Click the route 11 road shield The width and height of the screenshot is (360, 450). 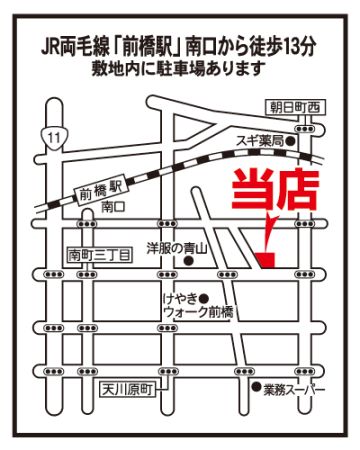(53, 137)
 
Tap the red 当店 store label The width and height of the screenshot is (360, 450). (275, 190)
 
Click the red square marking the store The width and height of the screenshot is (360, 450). (266, 260)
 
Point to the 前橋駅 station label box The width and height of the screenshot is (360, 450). (100, 192)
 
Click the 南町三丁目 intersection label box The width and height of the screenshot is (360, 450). (99, 256)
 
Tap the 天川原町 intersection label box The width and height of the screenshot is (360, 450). (128, 389)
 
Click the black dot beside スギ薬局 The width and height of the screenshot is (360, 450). (291, 142)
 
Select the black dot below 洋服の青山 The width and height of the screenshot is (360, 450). (189, 261)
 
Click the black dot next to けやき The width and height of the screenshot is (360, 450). (205, 296)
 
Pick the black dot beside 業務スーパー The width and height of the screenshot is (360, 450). (256, 387)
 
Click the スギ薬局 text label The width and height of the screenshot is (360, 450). (261, 142)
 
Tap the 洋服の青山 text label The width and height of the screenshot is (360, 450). (177, 248)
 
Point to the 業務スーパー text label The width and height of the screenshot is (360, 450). (294, 390)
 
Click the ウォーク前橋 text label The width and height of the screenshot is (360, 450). (199, 312)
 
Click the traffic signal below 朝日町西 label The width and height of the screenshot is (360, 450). (305, 129)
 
